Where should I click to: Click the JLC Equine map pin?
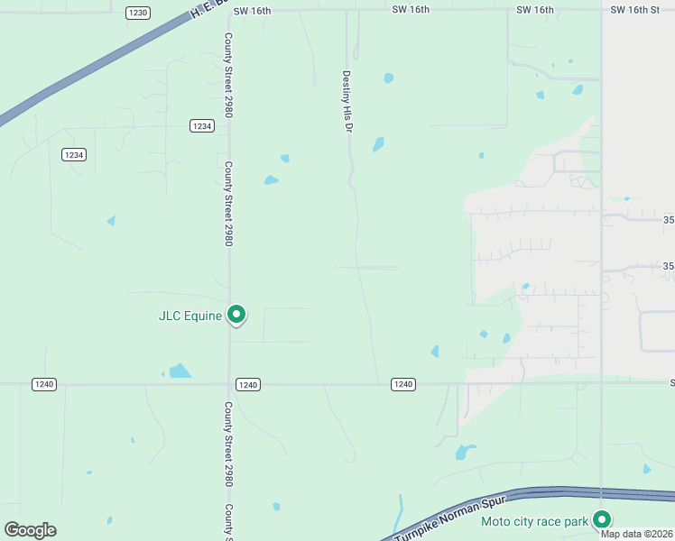coord(236,315)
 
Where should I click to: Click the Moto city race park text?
coord(534,520)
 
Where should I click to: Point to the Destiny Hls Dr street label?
coord(346,102)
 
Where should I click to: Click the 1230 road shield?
coord(138,13)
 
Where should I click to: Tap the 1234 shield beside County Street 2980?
coord(202,126)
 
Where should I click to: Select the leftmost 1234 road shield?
coord(74,155)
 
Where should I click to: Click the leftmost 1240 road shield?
coord(44,384)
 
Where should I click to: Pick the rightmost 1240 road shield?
coord(403,384)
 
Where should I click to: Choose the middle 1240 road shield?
coord(249,384)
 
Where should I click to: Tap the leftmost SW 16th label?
coord(252,9)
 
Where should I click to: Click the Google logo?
coord(30,530)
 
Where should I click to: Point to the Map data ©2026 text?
coord(636,533)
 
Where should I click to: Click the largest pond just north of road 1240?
coord(180,371)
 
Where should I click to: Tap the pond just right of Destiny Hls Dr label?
coord(388,78)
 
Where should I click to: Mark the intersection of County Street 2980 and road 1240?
coord(229,384)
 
